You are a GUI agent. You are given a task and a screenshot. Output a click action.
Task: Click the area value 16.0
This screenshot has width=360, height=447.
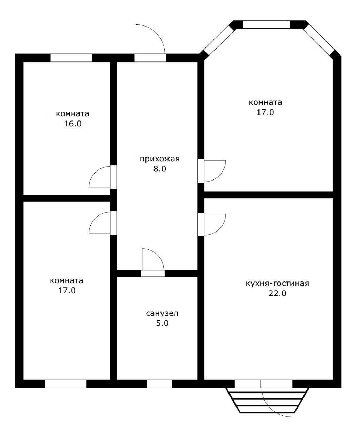pyautogui.click(x=73, y=124)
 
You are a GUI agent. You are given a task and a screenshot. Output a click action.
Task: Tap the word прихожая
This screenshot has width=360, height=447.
pyautogui.click(x=159, y=159)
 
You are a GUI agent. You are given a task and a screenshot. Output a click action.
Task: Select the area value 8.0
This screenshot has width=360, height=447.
pyautogui.click(x=159, y=169)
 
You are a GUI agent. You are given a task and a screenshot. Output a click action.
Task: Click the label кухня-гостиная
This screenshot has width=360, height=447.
pyautogui.click(x=277, y=284)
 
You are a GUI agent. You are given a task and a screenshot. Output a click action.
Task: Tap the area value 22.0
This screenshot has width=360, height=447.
pyautogui.click(x=277, y=293)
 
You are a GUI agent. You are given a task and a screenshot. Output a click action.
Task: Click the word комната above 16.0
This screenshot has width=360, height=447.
pyautogui.click(x=73, y=114)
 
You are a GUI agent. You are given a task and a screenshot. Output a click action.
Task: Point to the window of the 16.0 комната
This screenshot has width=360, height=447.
pyautogui.click(x=71, y=58)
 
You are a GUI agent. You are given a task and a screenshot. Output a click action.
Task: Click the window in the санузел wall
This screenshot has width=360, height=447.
pyautogui.click(x=159, y=384)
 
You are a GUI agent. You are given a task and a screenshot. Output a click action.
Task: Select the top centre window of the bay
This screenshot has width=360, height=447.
pyautogui.click(x=267, y=24)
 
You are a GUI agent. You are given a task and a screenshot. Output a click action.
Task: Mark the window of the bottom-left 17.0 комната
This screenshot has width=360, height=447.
pyautogui.click(x=65, y=384)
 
